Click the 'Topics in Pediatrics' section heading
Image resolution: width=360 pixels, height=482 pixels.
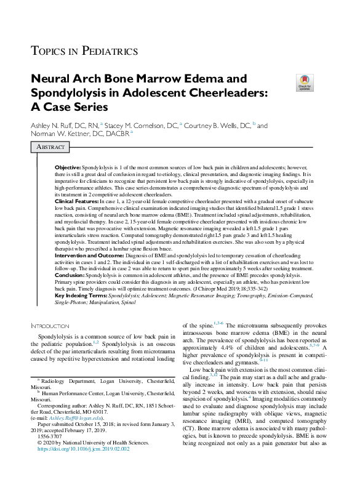[x=84, y=51]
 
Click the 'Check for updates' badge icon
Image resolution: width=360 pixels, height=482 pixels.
[x=304, y=82]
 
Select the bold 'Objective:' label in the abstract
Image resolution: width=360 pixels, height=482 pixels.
[x=68, y=167]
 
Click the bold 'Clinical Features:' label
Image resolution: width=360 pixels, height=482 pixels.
[x=76, y=201]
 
